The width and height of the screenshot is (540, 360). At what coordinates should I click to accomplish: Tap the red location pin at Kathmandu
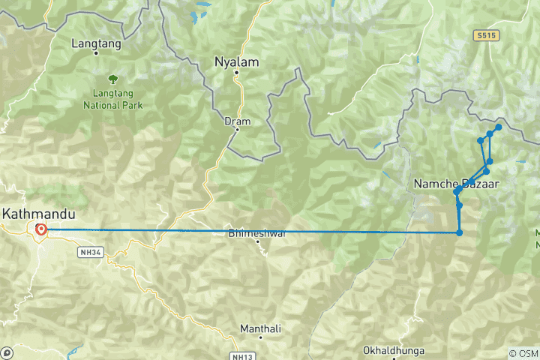[40, 229]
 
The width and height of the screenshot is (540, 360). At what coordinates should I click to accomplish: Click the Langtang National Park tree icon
[112, 78]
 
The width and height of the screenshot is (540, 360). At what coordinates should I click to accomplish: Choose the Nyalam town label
[236, 61]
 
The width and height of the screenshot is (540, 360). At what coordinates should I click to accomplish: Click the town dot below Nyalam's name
[235, 73]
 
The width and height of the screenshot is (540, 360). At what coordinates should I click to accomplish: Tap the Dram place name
[236, 121]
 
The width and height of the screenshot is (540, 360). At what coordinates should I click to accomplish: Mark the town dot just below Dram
[236, 130]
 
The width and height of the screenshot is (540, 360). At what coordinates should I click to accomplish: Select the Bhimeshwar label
[257, 233]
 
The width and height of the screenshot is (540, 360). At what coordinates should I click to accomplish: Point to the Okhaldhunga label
[393, 350]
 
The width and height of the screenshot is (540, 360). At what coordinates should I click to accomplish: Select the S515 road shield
[486, 35]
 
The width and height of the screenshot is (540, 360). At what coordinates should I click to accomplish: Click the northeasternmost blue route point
[499, 127]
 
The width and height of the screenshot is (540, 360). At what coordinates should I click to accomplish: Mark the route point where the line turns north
[459, 232]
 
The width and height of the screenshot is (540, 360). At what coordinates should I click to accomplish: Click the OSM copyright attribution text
[523, 353]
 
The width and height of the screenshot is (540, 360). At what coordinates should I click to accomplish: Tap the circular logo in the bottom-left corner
[7, 352]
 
